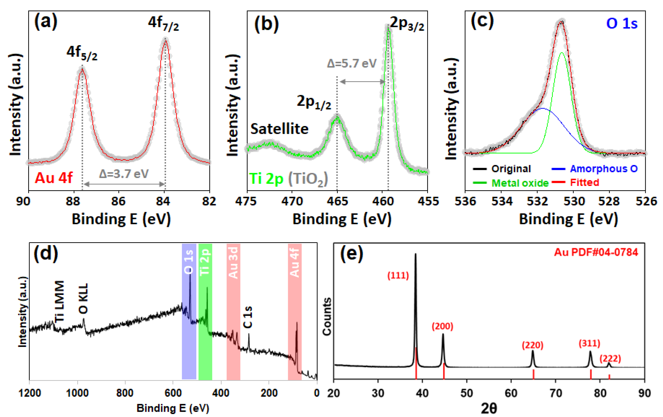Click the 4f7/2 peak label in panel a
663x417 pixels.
coord(163,23)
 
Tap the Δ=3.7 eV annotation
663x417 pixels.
coord(124,174)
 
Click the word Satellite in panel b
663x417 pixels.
coord(279,129)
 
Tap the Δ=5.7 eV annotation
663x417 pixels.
coord(352,64)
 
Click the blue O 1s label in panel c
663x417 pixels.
coord(622,23)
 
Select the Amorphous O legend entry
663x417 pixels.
coord(604,169)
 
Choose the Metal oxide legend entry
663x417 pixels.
coord(520,183)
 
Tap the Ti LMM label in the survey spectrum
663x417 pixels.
coord(59,301)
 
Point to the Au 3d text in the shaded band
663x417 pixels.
coord(233,263)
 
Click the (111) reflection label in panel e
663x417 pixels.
coord(398,275)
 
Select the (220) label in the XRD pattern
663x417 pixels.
coord(532,345)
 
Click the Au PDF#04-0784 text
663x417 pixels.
coord(596,252)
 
